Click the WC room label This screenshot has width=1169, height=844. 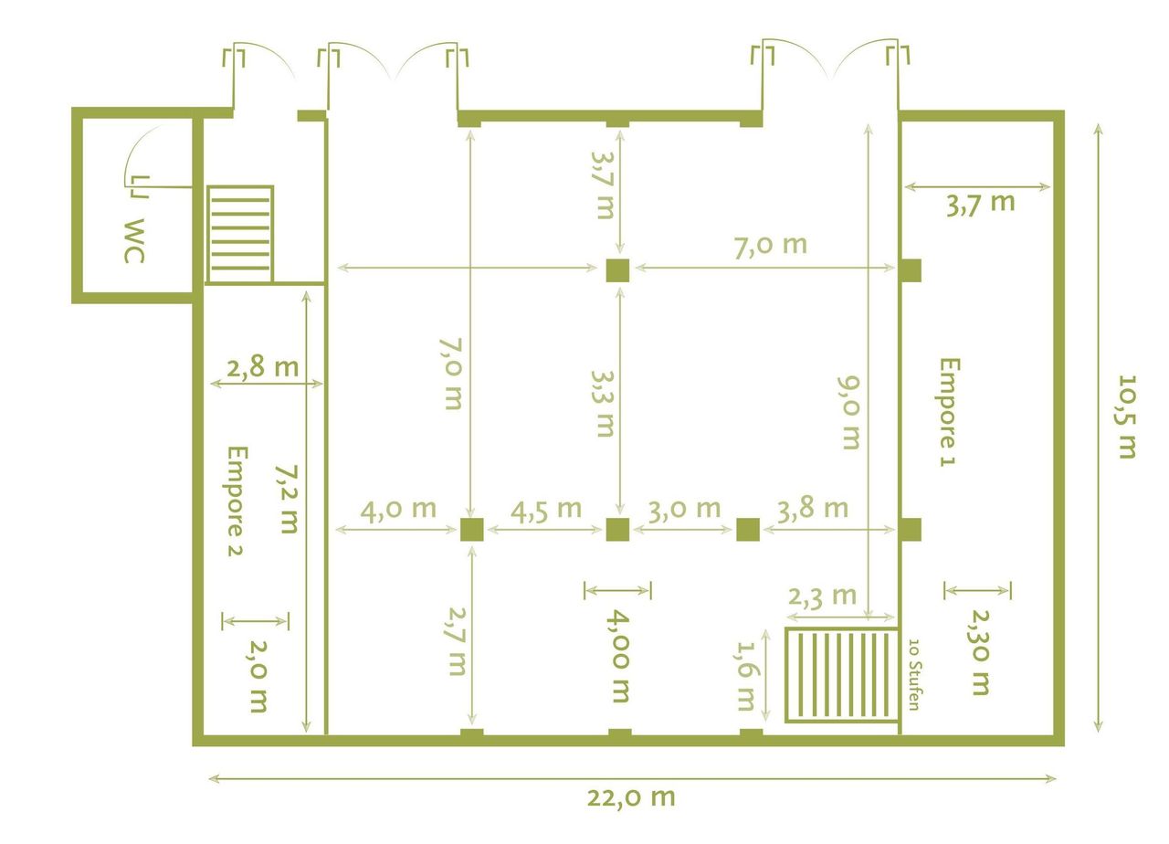(134, 241)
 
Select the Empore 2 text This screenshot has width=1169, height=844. (237, 501)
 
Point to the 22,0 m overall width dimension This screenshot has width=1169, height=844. (631, 797)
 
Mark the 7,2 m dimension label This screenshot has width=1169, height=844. (288, 499)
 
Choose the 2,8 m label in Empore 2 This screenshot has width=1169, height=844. (263, 368)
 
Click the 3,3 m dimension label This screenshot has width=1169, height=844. (602, 403)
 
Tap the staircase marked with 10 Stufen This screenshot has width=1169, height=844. (841, 675)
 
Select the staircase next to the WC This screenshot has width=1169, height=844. (240, 235)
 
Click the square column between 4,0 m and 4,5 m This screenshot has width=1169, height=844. (471, 530)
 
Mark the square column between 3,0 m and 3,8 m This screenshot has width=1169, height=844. (748, 530)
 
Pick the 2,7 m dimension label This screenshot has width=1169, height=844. (453, 645)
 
